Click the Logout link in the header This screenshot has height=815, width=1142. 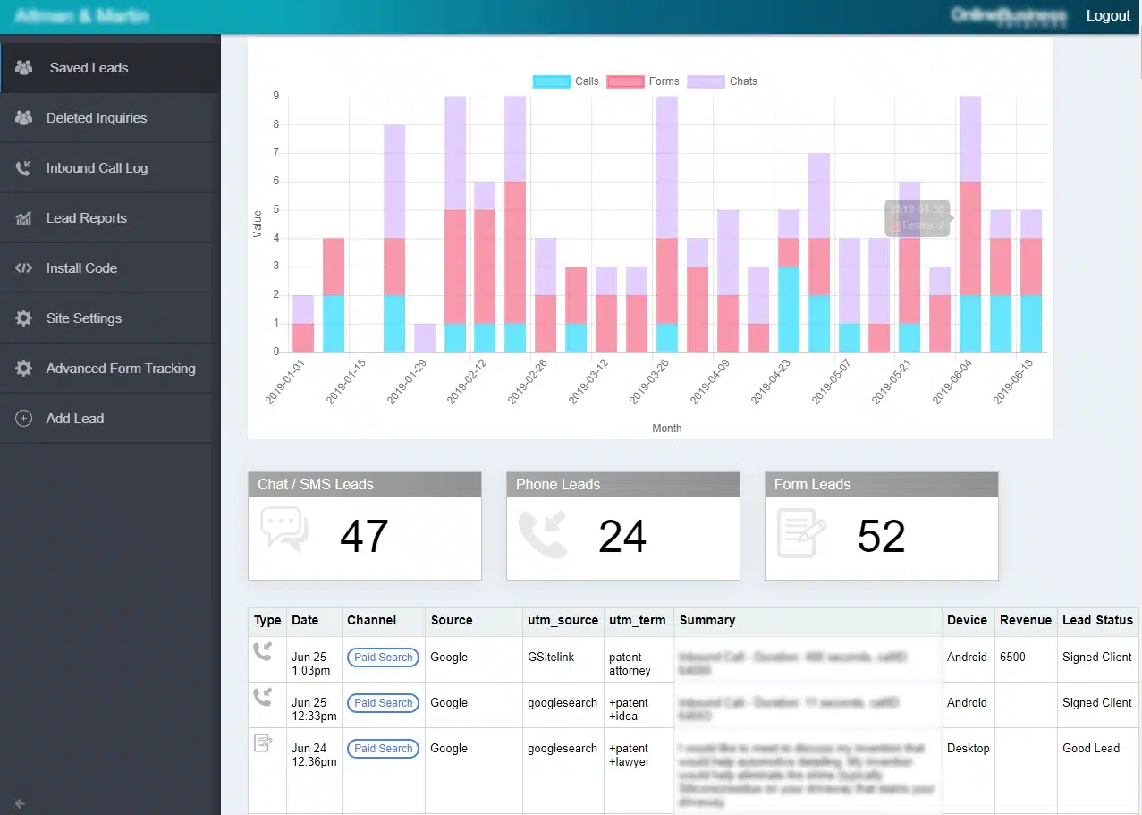1108,16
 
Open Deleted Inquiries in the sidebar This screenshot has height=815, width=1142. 97,118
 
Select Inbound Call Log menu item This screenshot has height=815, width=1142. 97,168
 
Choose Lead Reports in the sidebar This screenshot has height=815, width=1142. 86,218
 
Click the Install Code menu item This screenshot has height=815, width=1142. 81,268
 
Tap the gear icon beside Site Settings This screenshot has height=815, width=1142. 24,318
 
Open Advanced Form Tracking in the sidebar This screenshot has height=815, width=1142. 121,369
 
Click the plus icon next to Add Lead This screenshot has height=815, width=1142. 24,419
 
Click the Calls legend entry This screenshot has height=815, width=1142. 566,81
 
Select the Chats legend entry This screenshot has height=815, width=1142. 723,81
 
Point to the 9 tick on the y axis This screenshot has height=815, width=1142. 276,96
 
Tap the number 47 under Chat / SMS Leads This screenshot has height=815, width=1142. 364,537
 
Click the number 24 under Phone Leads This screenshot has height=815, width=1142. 622,537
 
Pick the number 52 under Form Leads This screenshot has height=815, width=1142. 881,537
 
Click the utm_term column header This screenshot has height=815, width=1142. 637,620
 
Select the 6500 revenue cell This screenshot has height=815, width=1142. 1012,657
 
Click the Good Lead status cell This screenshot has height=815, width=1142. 1091,748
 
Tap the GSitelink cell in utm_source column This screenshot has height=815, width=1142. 551,657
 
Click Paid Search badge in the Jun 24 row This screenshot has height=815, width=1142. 383,749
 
